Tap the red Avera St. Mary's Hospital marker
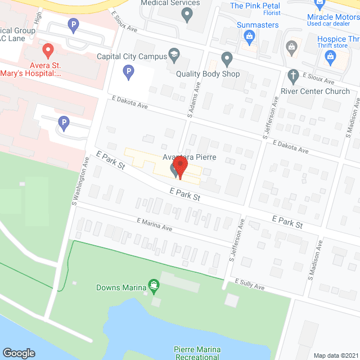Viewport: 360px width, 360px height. tap(48, 50)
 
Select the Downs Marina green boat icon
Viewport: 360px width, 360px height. tap(152, 286)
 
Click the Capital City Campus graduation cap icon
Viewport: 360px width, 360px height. tap(174, 55)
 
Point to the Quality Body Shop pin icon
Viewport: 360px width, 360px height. tap(227, 58)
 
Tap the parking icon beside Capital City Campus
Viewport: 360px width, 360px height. tap(129, 71)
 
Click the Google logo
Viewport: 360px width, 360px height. tap(19, 353)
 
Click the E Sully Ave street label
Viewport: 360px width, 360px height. tap(250, 285)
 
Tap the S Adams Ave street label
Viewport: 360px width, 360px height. tap(194, 95)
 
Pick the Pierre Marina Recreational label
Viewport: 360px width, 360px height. tap(196, 353)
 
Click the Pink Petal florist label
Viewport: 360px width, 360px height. tap(255, 6)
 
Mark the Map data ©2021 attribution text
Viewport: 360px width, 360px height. tap(335, 355)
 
